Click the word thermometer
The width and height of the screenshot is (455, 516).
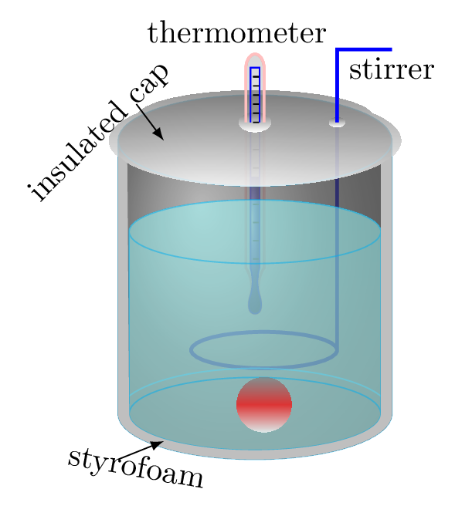(x=236, y=32)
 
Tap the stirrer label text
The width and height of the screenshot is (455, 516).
(x=392, y=69)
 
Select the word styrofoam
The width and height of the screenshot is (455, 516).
(x=135, y=467)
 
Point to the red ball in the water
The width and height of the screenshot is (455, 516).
(x=264, y=405)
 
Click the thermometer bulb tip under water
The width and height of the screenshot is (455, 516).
(x=255, y=305)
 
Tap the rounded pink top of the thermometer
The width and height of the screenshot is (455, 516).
(x=255, y=59)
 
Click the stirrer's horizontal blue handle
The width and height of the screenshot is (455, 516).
(x=364, y=49)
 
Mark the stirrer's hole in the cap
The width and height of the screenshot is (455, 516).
(x=337, y=123)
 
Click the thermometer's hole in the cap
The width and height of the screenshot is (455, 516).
(x=255, y=124)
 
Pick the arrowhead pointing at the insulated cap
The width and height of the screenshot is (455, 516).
(x=158, y=134)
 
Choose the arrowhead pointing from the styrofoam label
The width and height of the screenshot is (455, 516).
(x=156, y=444)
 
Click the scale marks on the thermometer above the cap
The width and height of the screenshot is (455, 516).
(x=256, y=95)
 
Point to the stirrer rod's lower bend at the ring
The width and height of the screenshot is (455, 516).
(x=337, y=349)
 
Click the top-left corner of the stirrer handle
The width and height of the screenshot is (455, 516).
(x=335, y=48)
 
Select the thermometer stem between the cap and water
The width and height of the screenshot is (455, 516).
(x=255, y=194)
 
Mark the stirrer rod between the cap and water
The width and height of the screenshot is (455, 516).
(x=337, y=192)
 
